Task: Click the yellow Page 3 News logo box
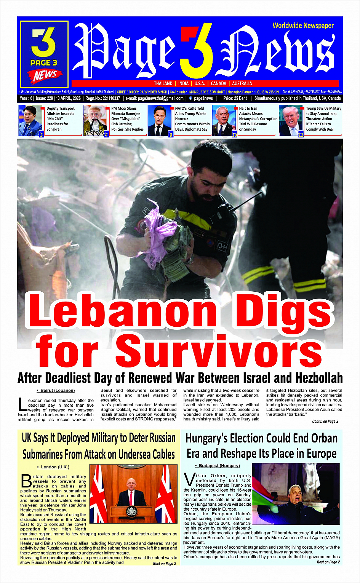tap(44, 54)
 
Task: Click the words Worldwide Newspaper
tap(303, 26)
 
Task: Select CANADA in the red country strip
tap(219, 83)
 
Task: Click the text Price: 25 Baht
tap(235, 98)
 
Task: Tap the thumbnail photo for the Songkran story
tap(30, 120)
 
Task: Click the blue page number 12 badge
tap(301, 134)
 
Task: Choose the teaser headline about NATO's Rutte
tap(192, 119)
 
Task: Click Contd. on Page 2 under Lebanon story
tap(325, 421)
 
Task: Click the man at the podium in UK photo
tap(131, 493)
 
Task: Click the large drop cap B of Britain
tap(26, 481)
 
